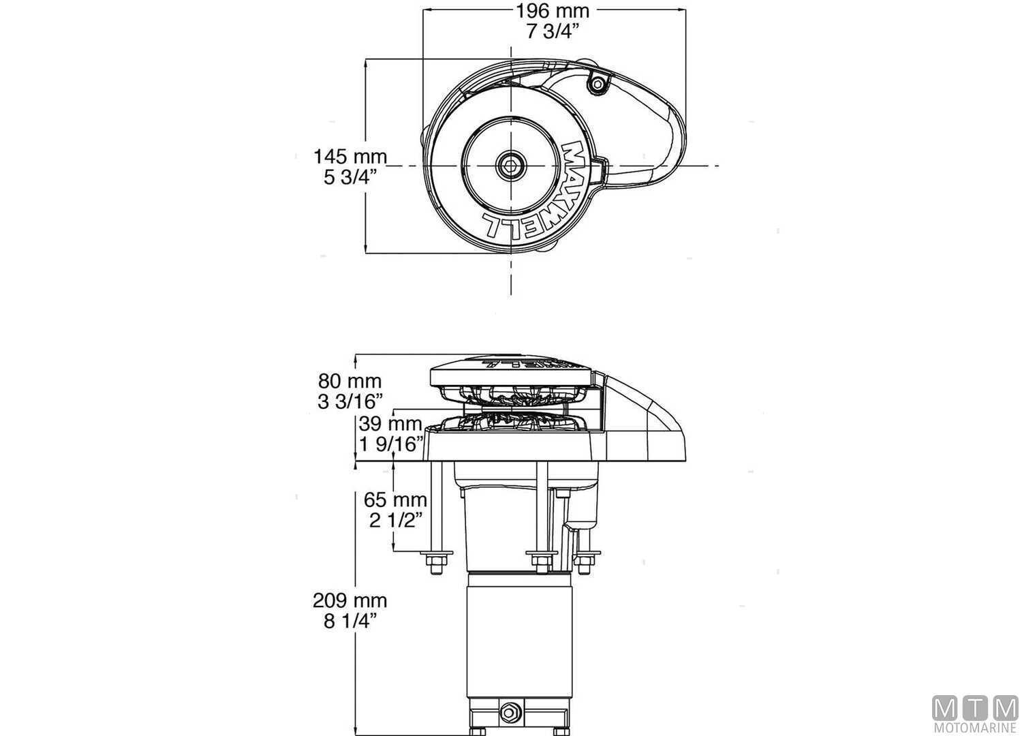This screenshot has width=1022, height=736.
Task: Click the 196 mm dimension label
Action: tap(553, 11)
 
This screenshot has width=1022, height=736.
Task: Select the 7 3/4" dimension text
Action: tap(553, 31)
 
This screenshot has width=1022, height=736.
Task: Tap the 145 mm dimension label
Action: tap(350, 157)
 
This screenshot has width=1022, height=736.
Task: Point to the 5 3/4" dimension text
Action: tap(350, 178)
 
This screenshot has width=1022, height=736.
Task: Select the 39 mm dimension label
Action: tap(390, 424)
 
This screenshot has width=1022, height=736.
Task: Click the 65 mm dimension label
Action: tap(395, 500)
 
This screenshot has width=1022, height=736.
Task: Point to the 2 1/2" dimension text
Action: tap(395, 521)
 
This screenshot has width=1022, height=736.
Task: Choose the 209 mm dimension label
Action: tap(350, 600)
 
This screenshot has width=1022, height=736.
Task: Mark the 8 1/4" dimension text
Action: tap(350, 622)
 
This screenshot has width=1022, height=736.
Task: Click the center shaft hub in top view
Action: tap(510, 165)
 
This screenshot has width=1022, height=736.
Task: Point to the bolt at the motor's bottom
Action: tap(509, 712)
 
